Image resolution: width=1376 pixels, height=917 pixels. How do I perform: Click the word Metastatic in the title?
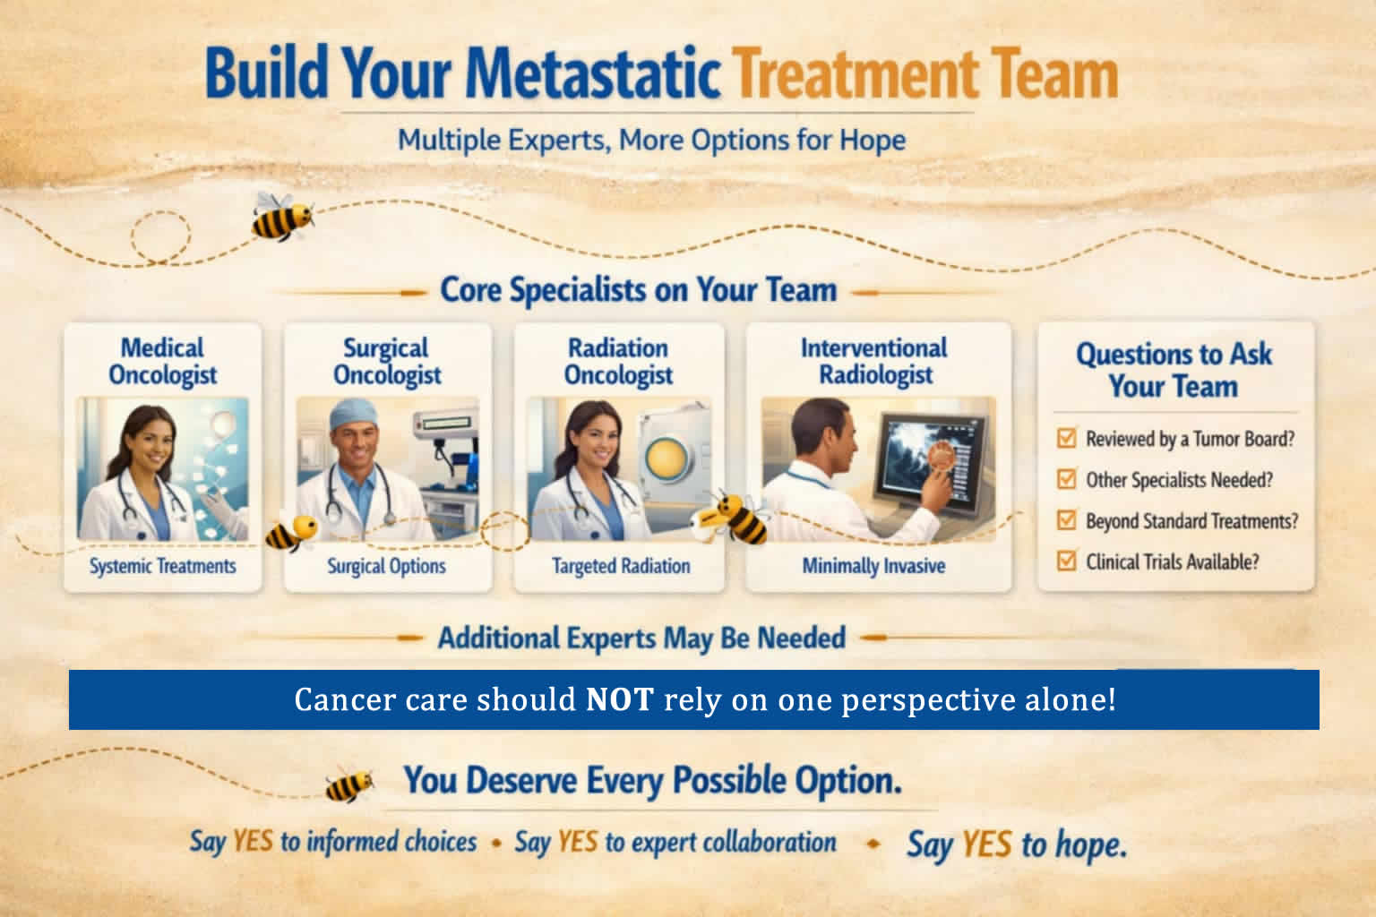point(593,73)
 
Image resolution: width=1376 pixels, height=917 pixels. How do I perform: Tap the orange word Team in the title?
point(1055,73)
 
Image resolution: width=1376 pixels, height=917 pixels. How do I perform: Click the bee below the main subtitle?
point(282,216)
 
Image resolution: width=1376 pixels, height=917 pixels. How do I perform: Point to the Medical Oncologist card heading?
point(163,361)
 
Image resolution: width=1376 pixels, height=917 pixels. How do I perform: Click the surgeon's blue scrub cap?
point(353,414)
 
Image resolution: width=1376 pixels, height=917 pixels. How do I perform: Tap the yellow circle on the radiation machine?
point(666,460)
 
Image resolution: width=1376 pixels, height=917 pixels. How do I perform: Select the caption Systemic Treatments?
point(163,566)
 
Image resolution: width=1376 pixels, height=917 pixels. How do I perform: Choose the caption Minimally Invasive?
point(873,566)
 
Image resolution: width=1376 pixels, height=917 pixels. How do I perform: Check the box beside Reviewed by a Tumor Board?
point(1066,438)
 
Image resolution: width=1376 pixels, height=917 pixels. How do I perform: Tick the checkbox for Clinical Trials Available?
point(1066,561)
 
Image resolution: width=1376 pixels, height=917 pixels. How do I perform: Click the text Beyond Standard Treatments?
point(1191,521)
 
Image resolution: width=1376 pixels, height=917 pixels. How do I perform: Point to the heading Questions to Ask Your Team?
point(1174,370)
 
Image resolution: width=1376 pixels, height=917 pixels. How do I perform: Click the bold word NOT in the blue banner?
point(620,699)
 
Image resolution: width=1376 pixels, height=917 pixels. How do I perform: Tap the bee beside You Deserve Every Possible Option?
point(348,784)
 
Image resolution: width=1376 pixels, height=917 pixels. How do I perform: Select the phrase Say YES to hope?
point(1018,844)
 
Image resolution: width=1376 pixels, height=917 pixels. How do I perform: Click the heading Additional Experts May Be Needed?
point(641,638)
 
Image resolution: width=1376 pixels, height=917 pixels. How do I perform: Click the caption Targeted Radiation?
point(621,566)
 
